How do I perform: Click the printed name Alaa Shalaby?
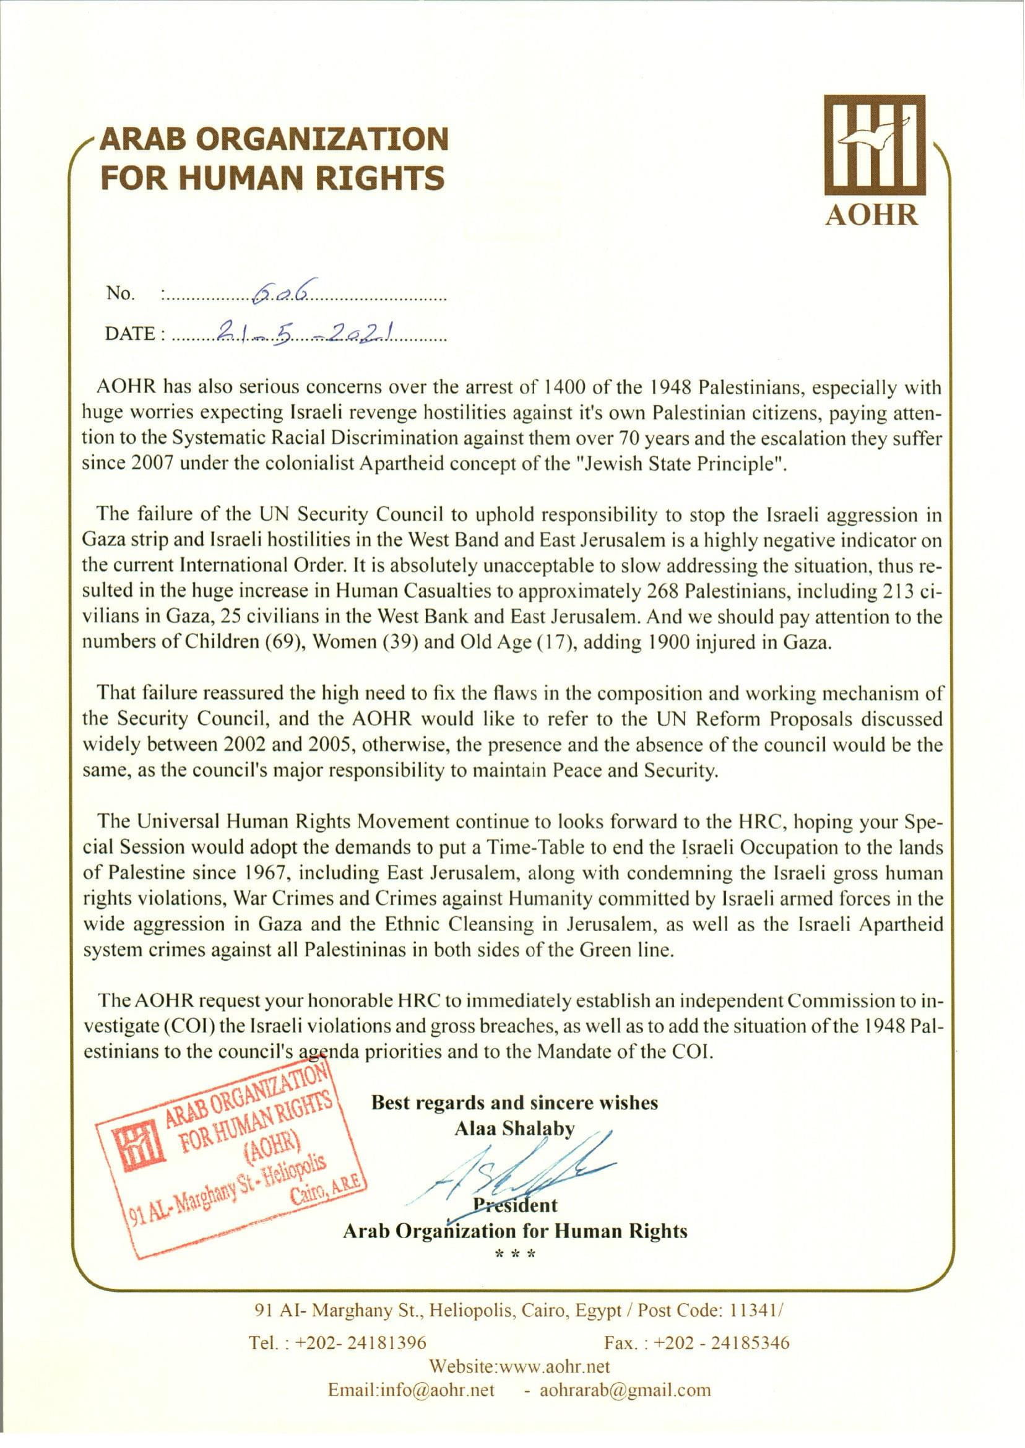pyautogui.click(x=514, y=1129)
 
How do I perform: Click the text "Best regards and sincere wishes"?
pyautogui.click(x=514, y=1102)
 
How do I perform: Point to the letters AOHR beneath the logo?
pyautogui.click(x=871, y=216)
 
